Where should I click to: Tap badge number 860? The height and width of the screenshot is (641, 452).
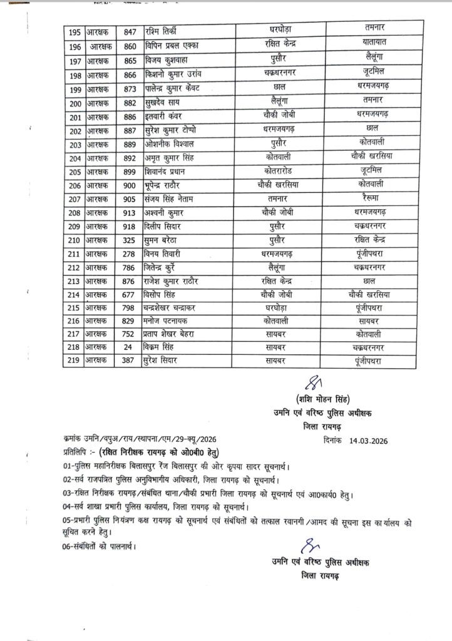pos(130,46)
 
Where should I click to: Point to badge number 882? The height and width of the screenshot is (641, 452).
pos(130,105)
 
